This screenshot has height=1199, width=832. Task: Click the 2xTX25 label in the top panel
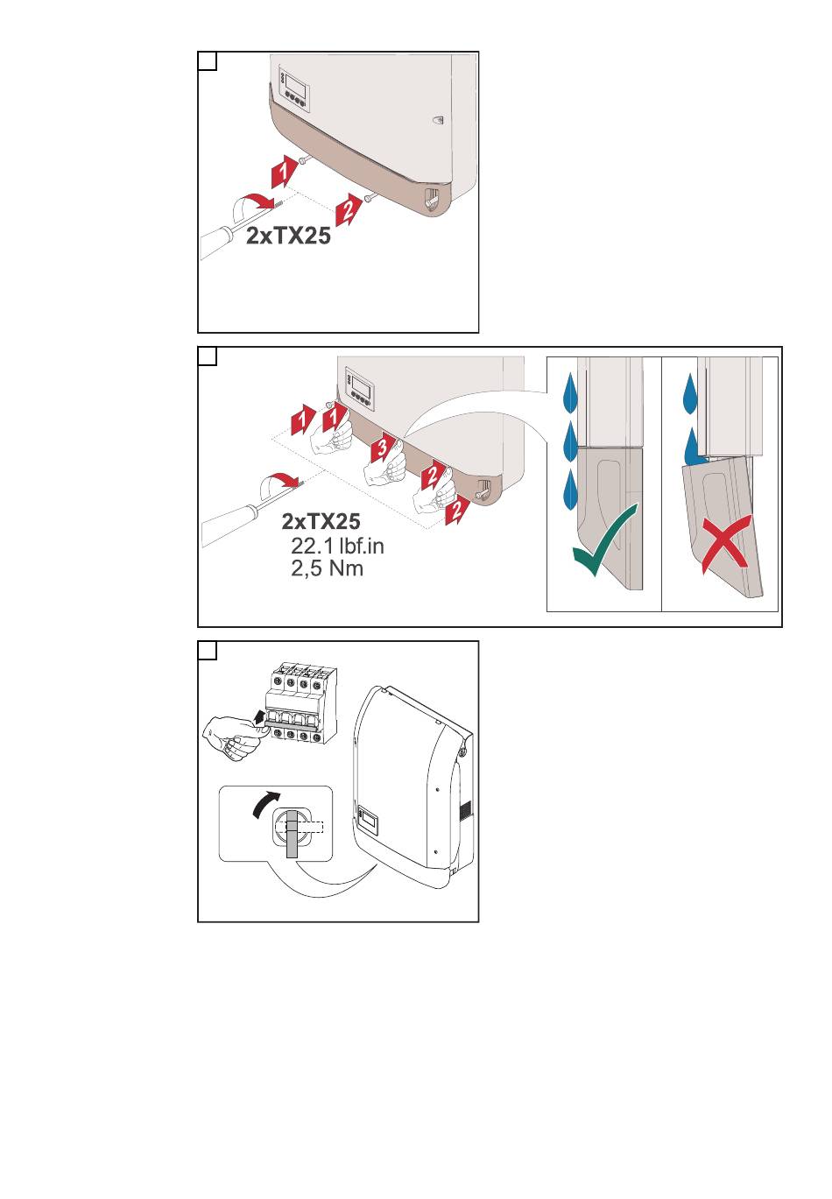click(288, 236)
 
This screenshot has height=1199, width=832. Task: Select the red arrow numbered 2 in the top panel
click(348, 210)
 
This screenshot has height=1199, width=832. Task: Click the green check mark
click(605, 540)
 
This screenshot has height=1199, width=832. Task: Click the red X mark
click(725, 542)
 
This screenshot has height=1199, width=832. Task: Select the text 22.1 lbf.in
click(337, 546)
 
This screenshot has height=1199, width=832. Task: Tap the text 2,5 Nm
click(328, 568)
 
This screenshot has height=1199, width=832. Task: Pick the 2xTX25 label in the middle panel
click(321, 521)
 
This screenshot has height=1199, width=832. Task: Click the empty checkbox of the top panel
click(208, 61)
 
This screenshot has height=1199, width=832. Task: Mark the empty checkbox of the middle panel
click(208, 356)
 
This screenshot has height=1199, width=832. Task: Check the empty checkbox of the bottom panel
click(208, 651)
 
